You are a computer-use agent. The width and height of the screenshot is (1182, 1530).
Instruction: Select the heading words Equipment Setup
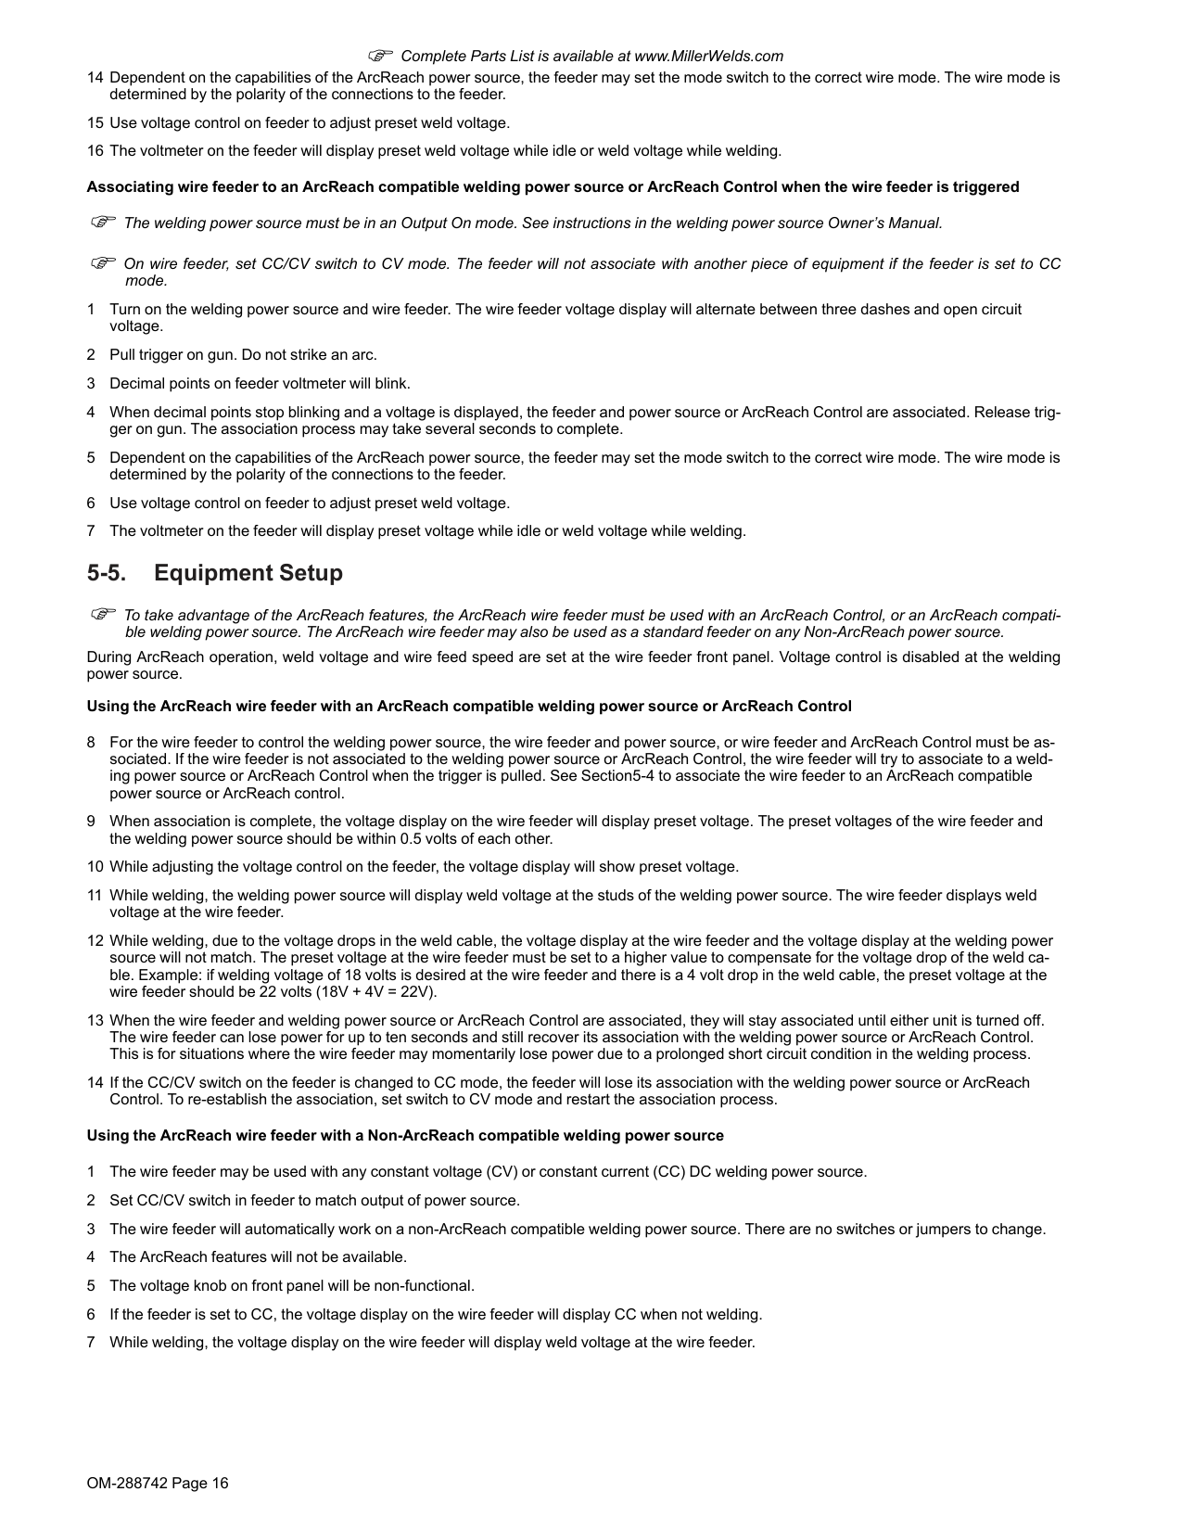(248, 573)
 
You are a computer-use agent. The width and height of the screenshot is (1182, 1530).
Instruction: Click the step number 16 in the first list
(95, 151)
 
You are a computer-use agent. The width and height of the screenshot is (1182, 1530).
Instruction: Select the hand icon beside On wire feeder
(102, 264)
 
